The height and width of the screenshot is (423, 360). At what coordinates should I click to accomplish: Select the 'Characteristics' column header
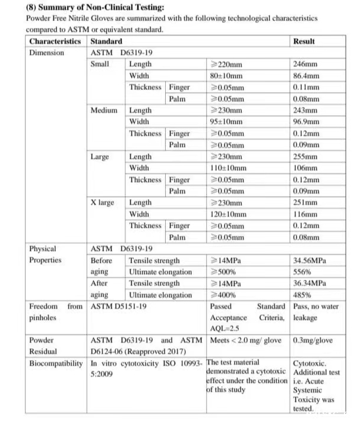coord(55,41)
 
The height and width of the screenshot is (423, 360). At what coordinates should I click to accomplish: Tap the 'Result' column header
coord(304,41)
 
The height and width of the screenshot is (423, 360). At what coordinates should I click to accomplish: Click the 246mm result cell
coord(305,64)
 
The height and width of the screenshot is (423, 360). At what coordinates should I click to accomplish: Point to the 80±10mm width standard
coord(227,75)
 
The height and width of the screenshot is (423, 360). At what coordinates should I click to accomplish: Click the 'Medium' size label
coord(104,111)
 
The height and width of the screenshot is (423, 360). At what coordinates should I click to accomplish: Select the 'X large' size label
coord(102,203)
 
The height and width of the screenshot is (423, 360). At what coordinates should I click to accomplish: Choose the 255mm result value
coord(305,157)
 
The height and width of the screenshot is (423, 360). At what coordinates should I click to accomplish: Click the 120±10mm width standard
coord(229,214)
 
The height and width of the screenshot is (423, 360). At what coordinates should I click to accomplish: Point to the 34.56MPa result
coord(310,260)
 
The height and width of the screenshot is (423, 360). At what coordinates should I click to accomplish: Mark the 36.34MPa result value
coord(310,283)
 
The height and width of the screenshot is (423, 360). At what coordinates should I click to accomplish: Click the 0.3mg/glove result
coord(313,340)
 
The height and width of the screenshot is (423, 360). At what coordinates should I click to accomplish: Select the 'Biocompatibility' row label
coord(56,363)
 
